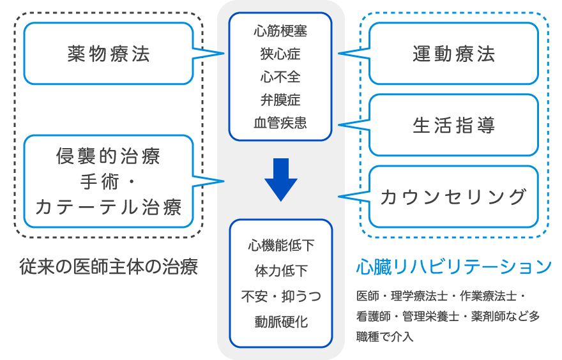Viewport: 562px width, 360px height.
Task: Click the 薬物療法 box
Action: point(108,54)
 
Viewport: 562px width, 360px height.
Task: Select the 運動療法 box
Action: point(453,54)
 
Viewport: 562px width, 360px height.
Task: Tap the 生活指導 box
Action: point(453,125)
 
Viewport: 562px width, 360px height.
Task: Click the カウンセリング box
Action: point(453,197)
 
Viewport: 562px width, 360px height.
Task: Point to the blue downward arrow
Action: point(280,179)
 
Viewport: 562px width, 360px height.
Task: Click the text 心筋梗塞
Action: point(280,30)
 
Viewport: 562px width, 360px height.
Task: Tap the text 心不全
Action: point(280,77)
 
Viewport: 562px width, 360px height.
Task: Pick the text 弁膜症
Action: point(280,100)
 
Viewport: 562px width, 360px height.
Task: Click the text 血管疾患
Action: point(280,123)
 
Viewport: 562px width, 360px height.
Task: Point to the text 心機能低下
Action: point(280,245)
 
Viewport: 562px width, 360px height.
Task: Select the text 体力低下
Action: point(280,271)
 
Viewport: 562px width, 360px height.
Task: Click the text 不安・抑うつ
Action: point(280,296)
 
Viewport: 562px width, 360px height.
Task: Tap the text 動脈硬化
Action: point(280,322)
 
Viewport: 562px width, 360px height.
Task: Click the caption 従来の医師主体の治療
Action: point(108,266)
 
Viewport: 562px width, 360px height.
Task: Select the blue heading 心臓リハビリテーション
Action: point(453,266)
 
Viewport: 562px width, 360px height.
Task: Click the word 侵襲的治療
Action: point(108,156)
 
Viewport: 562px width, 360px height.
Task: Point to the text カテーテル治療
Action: point(108,207)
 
